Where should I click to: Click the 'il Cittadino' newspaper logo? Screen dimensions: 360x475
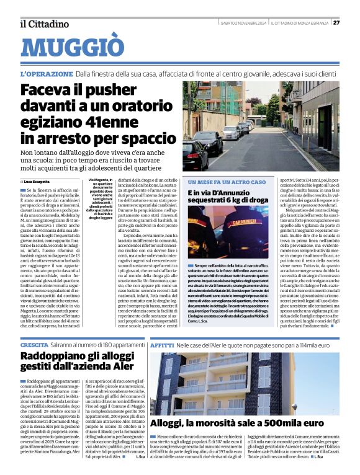[x=43, y=24]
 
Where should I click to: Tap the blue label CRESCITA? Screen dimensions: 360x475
[x=34, y=344]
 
